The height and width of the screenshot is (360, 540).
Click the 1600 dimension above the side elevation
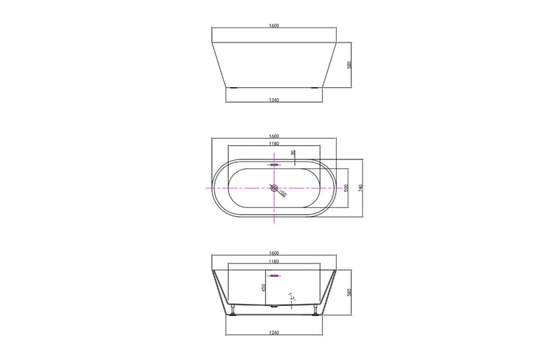click(x=274, y=26)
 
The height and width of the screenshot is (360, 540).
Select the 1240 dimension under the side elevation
click(x=274, y=100)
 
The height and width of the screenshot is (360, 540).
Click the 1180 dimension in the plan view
click(x=274, y=144)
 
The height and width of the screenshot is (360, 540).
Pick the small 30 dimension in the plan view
click(x=293, y=153)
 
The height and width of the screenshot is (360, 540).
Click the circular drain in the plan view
click(x=274, y=188)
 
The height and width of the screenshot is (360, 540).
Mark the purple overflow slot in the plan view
click(x=274, y=164)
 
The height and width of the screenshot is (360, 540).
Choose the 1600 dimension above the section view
click(x=274, y=253)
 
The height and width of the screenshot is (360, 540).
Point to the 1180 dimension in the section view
click(x=274, y=261)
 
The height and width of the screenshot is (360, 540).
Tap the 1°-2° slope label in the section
click(x=292, y=296)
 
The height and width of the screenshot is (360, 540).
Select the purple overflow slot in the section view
click(x=274, y=276)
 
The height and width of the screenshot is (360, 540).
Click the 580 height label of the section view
click(x=350, y=293)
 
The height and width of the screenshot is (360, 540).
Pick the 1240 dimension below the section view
click(x=274, y=332)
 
